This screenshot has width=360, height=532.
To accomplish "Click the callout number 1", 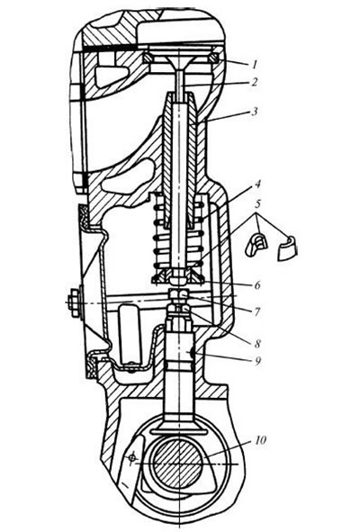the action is [x=255, y=64].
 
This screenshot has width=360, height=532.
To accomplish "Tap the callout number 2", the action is [x=254, y=82].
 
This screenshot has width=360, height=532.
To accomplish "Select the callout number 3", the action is [x=255, y=112].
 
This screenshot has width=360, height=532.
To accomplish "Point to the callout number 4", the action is [x=257, y=185].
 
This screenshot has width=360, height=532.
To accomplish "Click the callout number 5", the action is [x=258, y=204].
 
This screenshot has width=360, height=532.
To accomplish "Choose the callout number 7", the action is [x=257, y=311].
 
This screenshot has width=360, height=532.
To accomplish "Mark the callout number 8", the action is [x=257, y=343].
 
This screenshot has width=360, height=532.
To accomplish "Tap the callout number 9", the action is [x=257, y=361].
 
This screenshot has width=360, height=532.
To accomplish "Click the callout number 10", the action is [x=260, y=440].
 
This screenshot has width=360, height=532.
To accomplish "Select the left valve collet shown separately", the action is [x=256, y=243].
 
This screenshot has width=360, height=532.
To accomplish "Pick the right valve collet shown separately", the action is [x=287, y=247].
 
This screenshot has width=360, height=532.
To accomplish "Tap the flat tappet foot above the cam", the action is [x=178, y=420].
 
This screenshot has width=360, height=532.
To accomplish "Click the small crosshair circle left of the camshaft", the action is [x=132, y=458].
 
